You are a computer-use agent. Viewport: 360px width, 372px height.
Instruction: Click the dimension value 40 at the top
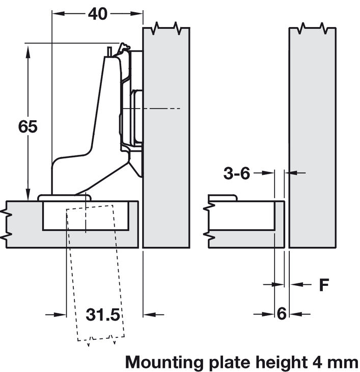click(x=97, y=14)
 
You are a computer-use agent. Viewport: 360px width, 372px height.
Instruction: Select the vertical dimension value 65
click(x=27, y=126)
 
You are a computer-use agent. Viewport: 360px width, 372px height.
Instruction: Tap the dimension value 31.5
click(x=102, y=315)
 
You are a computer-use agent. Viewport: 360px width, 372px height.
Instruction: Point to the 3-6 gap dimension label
click(x=237, y=174)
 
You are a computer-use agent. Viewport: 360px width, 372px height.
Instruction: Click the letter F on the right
click(x=324, y=285)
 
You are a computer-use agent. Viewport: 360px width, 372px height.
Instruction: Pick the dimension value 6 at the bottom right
click(x=282, y=314)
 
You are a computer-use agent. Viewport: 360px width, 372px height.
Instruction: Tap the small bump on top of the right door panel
click(x=223, y=198)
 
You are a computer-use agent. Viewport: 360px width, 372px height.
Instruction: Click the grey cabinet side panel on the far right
click(x=312, y=138)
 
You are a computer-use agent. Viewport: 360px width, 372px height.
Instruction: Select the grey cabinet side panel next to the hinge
click(x=166, y=153)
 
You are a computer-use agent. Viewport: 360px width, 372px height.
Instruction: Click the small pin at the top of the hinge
click(x=110, y=51)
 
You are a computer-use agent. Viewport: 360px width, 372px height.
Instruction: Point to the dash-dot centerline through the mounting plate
click(x=158, y=109)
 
